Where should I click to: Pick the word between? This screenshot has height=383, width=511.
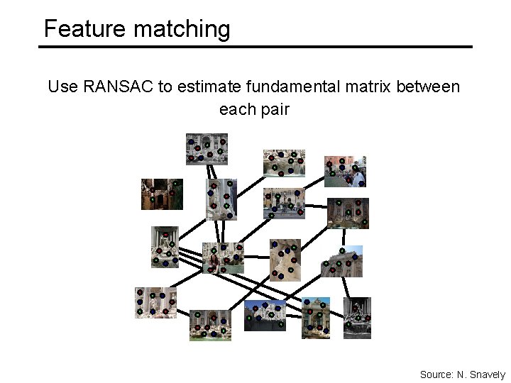point(428,87)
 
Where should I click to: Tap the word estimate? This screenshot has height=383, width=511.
point(208,87)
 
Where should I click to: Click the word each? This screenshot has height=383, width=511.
point(236,110)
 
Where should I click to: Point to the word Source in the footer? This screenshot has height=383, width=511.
point(436,374)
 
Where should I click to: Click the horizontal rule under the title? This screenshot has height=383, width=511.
point(255,47)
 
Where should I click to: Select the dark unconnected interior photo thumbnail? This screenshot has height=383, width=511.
point(162,194)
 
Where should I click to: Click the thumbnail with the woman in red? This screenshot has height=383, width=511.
point(222,258)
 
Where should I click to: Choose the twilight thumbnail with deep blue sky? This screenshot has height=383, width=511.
point(265,315)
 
